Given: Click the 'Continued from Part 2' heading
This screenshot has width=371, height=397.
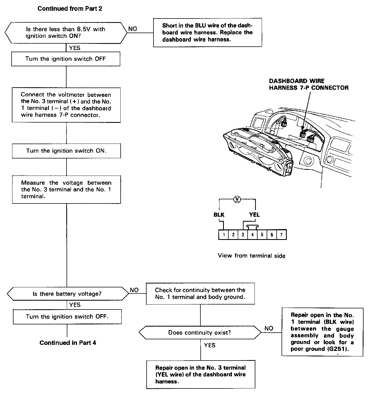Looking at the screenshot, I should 70,9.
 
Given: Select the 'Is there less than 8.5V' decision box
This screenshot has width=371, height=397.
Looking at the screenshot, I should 66,33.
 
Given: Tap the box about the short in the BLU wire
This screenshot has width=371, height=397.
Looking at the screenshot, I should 207,33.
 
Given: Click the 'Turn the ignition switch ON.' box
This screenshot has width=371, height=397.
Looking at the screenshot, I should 66,151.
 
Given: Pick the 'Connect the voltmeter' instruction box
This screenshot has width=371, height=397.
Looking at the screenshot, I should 66,105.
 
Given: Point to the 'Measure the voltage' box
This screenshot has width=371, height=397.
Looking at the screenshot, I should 66,189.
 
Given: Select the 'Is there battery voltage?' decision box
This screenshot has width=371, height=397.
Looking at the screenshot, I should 67,294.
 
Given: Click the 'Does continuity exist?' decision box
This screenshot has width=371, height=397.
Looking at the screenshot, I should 200,332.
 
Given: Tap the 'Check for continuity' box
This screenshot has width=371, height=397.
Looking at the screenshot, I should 200,293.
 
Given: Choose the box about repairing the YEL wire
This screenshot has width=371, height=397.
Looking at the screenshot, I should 201,374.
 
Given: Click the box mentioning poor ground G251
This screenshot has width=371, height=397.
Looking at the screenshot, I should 322,332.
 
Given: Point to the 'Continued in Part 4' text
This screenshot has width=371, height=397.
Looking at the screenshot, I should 68,343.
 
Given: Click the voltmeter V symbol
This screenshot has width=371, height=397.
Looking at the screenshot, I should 237,199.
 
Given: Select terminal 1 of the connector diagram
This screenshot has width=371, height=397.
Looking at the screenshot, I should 224,235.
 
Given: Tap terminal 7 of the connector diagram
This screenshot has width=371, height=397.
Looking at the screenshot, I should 281,235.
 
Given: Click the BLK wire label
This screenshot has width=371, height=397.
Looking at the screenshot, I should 219,215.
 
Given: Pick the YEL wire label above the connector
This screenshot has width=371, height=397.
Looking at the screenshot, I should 254,215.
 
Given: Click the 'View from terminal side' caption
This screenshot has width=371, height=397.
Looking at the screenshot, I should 251,256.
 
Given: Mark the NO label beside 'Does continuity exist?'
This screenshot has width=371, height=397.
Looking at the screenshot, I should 269,328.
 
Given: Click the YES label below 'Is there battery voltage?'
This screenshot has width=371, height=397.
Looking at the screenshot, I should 75,305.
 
